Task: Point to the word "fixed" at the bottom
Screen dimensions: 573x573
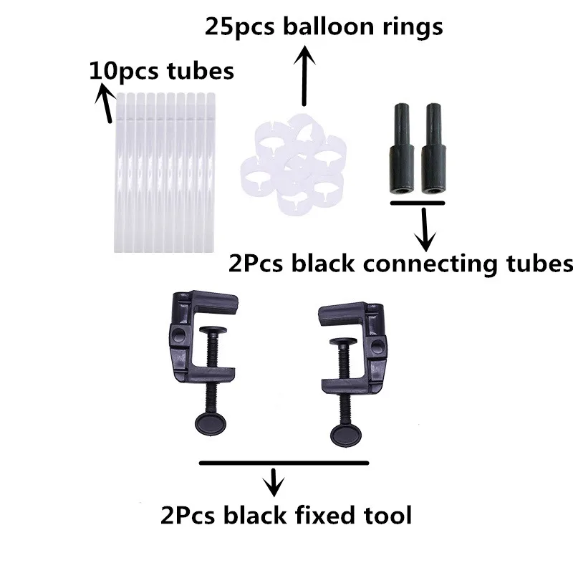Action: pos(322,514)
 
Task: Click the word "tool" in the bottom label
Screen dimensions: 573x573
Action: pos(387,514)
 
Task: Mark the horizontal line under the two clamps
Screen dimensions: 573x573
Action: pos(282,463)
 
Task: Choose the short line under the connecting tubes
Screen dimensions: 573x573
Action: pos(418,203)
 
